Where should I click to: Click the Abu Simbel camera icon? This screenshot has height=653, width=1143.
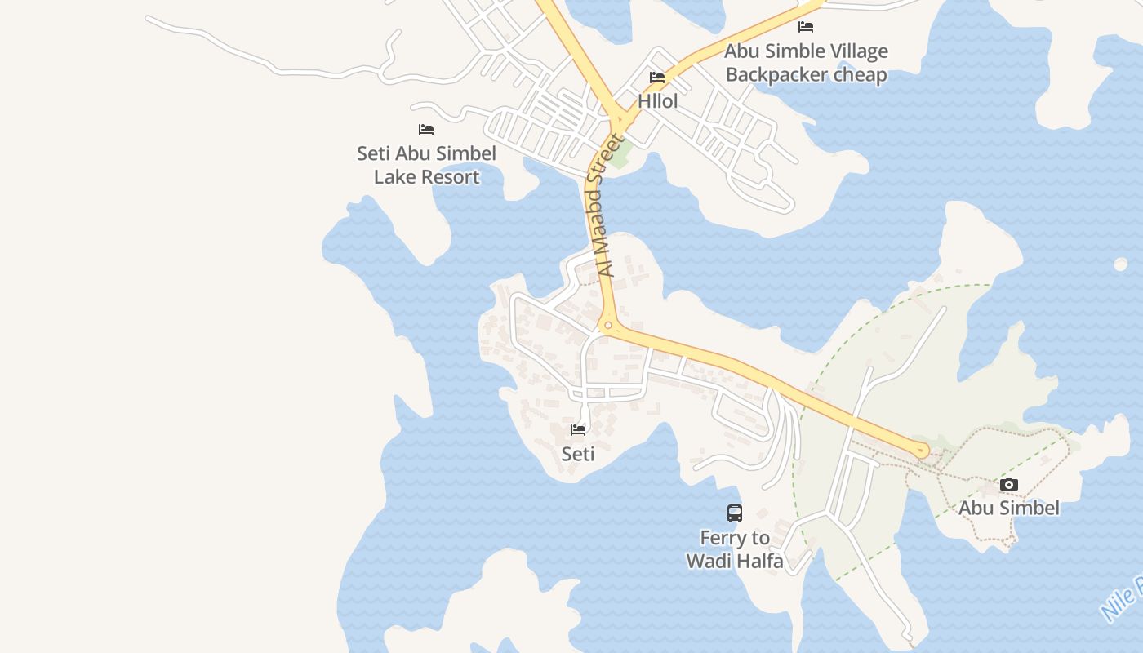(x=1009, y=485)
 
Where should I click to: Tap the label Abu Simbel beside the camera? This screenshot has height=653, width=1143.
(x=1009, y=508)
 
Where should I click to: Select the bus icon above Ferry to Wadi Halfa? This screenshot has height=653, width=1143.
(x=735, y=513)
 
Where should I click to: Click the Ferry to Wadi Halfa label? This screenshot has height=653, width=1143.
(x=735, y=549)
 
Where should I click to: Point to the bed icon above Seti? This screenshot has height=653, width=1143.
(x=579, y=430)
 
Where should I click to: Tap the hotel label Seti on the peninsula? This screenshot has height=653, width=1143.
(x=578, y=454)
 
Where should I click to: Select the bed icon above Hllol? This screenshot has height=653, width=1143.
(x=657, y=78)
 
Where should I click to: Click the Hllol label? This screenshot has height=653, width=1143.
(x=658, y=102)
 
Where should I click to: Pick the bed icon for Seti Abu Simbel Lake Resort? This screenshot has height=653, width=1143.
(x=426, y=130)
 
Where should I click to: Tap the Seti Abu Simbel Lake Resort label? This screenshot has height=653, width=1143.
(x=426, y=165)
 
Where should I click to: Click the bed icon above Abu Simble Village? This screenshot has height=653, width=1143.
(x=806, y=27)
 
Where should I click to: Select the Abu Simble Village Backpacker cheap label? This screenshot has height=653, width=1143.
(x=806, y=63)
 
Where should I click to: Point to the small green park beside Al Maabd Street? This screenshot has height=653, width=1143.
(x=620, y=153)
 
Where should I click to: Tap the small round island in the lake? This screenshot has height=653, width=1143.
(x=1120, y=264)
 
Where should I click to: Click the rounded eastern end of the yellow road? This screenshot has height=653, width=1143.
(x=922, y=450)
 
